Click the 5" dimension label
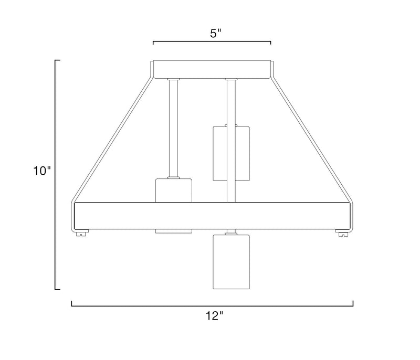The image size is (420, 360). [x=216, y=34]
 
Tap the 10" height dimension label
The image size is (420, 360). [x=42, y=171]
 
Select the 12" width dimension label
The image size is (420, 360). [x=214, y=316]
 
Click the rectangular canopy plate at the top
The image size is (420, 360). [x=212, y=70]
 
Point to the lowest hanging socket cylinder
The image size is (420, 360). [x=231, y=262]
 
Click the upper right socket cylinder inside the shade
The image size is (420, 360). [x=231, y=153]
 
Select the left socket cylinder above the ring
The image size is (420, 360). [x=174, y=190]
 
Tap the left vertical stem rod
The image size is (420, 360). [x=174, y=129]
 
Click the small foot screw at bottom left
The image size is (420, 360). [x=82, y=234]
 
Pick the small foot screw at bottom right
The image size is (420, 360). [x=342, y=234]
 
